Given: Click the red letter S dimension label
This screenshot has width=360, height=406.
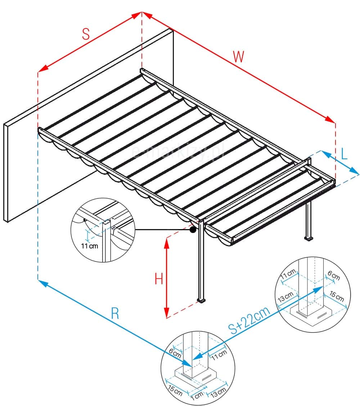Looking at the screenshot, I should [85, 34].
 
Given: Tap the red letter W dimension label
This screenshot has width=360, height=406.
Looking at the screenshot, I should [239, 57].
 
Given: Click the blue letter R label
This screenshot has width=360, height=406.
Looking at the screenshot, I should [114, 314].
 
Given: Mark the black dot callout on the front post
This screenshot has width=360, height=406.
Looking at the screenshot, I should [193, 229].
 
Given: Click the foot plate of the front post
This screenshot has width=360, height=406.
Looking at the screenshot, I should [201, 300].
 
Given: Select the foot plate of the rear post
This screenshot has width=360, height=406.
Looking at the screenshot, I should [308, 238].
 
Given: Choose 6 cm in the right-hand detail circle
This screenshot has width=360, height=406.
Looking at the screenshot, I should [333, 276].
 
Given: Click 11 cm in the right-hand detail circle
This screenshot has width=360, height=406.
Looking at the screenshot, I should [288, 276].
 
